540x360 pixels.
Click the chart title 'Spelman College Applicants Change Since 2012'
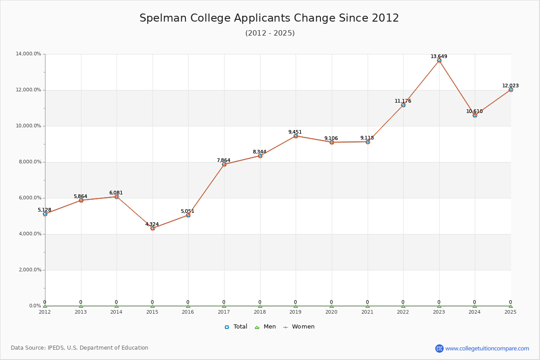269,18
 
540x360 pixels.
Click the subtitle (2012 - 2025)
270,33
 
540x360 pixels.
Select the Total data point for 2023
439,60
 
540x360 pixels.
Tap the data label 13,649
439,57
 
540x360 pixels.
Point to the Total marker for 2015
153,228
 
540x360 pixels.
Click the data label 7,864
223,160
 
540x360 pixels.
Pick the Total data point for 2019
296,136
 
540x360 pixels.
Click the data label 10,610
474,111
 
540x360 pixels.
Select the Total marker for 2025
511,90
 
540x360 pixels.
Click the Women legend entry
299,327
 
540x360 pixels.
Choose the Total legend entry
236,327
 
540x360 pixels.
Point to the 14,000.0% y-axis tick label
28,54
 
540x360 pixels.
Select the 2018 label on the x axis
260,311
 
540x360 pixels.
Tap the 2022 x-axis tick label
403,311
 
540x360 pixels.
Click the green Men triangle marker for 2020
332,306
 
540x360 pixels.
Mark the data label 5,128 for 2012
45,210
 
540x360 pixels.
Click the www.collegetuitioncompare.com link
487,348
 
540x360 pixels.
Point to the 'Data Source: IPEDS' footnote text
80,348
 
